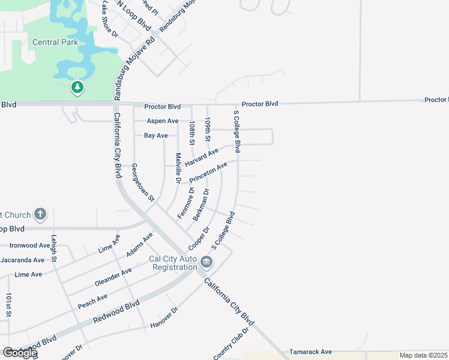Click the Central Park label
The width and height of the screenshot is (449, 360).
point(54,42)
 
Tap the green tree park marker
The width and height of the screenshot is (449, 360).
point(77,88)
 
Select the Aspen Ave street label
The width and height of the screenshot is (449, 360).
point(164,121)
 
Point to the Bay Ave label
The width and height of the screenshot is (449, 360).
point(156,136)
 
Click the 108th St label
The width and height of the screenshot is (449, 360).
point(192,133)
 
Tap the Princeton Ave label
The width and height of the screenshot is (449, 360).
point(208,173)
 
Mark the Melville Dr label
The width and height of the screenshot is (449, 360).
point(178,167)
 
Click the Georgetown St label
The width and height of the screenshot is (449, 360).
point(143,182)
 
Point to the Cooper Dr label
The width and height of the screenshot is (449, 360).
point(198,239)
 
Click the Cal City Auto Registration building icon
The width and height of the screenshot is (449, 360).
point(206,262)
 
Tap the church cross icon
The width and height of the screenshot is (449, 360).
point(40,214)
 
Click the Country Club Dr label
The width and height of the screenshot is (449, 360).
point(231,344)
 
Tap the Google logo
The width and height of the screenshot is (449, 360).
point(19,353)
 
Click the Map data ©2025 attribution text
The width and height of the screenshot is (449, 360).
point(423,355)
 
